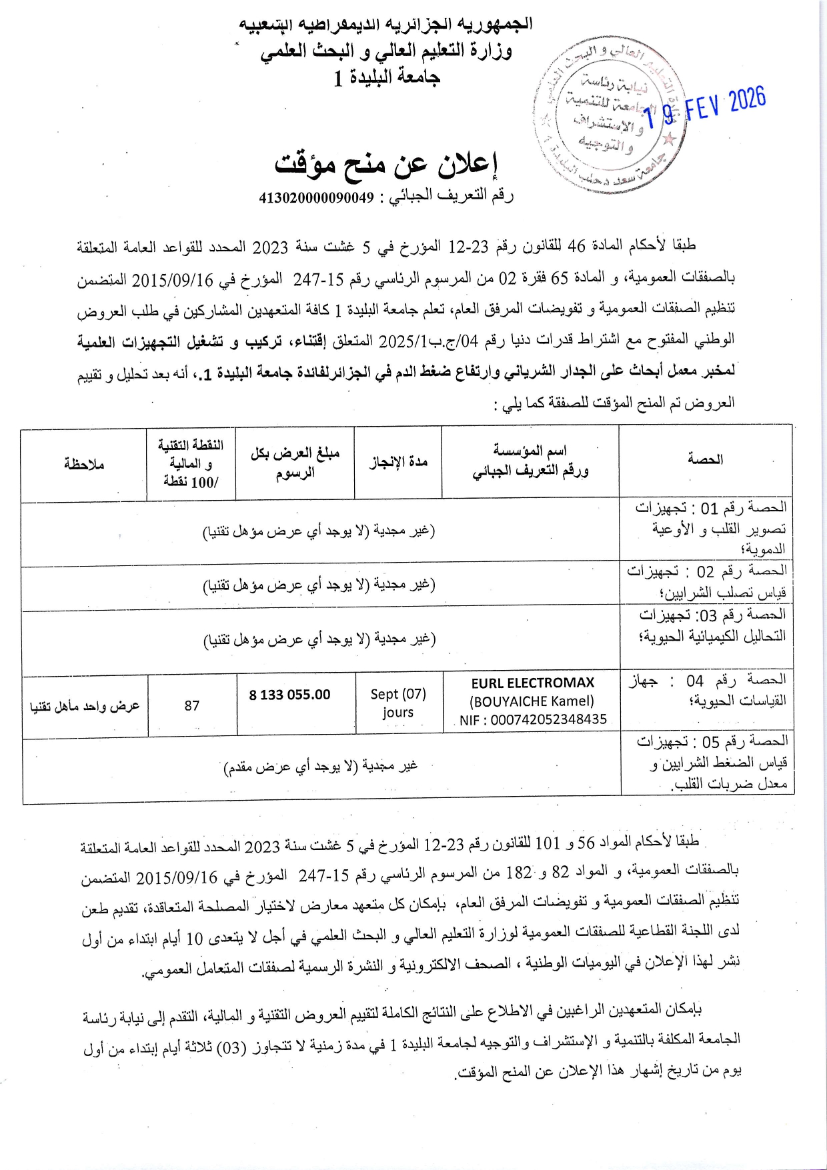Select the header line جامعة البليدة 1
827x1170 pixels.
[x=387, y=78]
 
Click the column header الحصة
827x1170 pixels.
[x=705, y=460]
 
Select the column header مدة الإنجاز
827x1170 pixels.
[x=398, y=461]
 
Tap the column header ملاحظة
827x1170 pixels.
[x=84, y=463]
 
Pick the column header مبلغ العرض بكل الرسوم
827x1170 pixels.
[x=295, y=463]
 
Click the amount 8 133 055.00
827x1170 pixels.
[x=289, y=695]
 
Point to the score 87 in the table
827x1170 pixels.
[x=192, y=705]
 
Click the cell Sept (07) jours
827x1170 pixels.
[x=398, y=703]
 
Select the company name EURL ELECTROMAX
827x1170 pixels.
[x=532, y=683]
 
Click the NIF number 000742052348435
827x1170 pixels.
[x=533, y=719]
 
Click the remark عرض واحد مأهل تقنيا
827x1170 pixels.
[x=85, y=705]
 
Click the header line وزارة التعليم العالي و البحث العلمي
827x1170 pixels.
[x=386, y=51]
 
